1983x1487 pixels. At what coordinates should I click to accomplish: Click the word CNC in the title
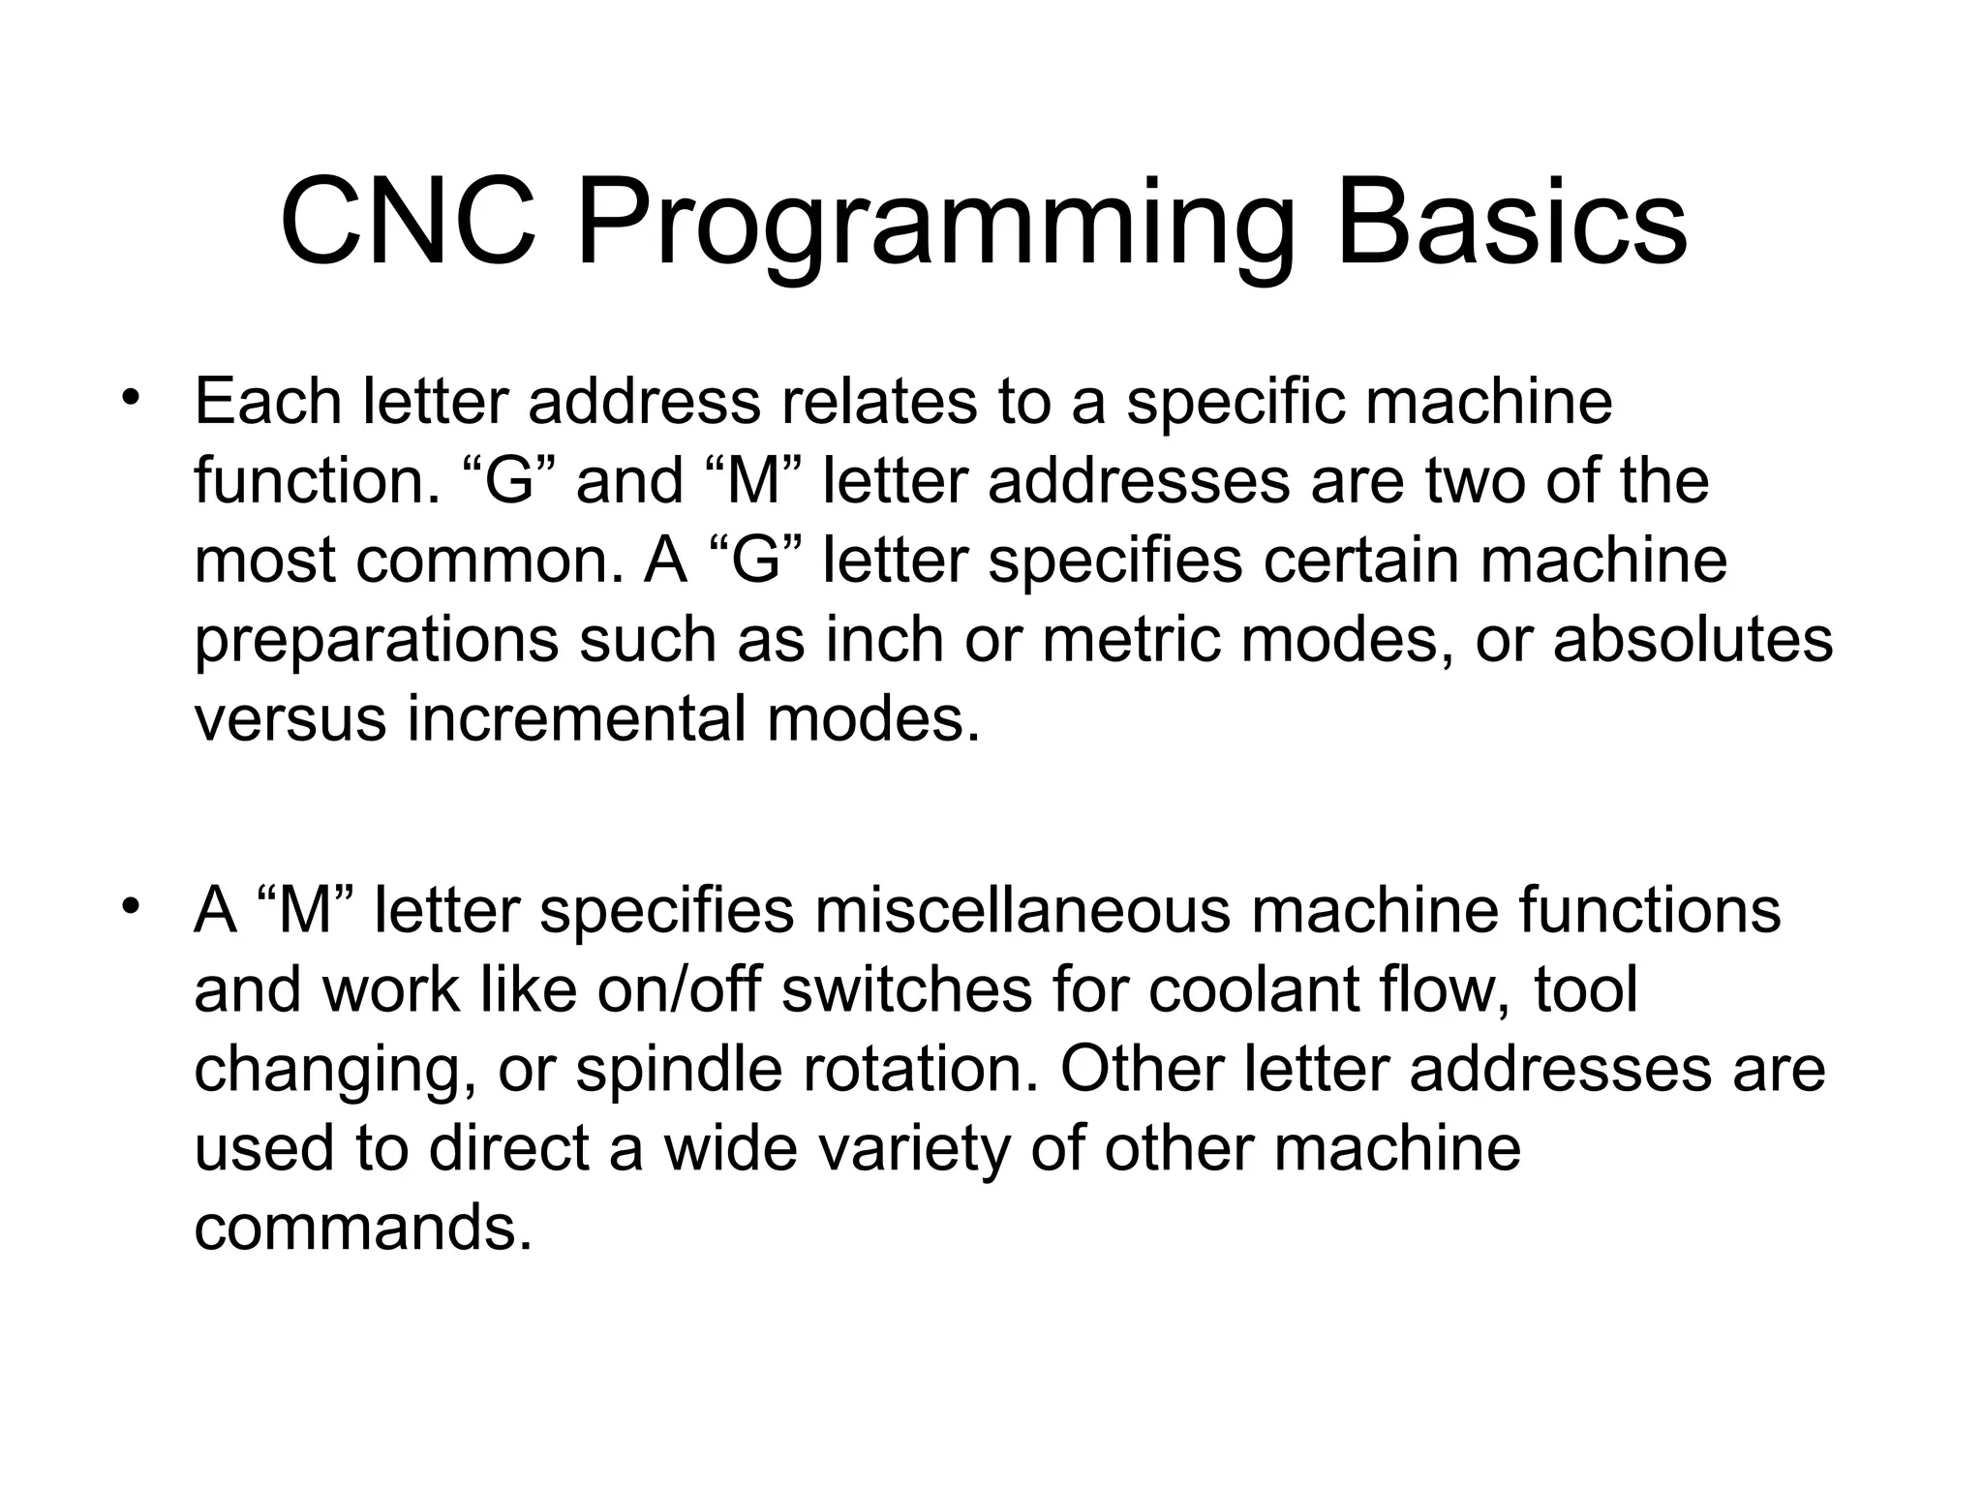pos(408,225)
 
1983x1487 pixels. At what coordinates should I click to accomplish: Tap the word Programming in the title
pos(935,232)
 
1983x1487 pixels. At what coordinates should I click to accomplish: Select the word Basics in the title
pos(1511,225)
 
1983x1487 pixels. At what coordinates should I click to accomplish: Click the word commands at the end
pos(363,1229)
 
